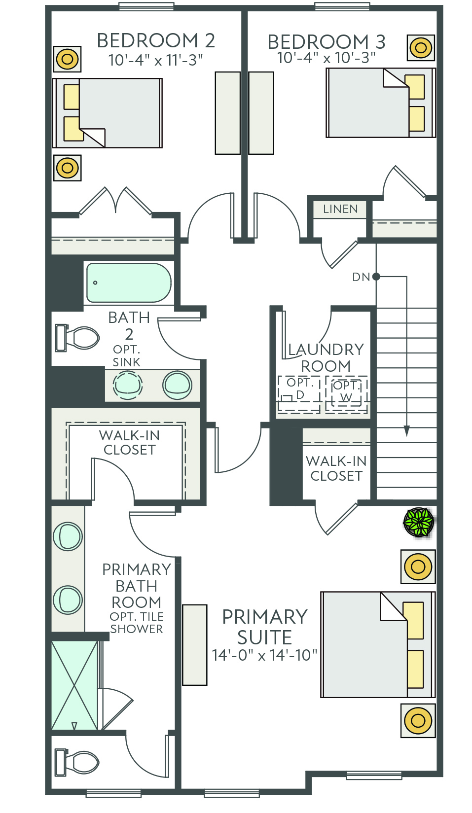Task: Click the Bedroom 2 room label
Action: pyautogui.click(x=156, y=40)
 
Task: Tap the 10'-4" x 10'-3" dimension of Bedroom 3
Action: pyautogui.click(x=326, y=57)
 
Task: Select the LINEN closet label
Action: pyautogui.click(x=340, y=209)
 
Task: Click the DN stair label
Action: pyautogui.click(x=361, y=277)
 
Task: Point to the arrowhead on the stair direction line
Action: pyautogui.click(x=406, y=430)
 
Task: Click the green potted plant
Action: pyautogui.click(x=419, y=522)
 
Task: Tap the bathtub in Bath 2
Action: pyautogui.click(x=129, y=283)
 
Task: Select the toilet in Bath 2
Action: pyautogui.click(x=77, y=338)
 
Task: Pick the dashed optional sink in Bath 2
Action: pyautogui.click(x=127, y=385)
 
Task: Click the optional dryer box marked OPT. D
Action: pyautogui.click(x=299, y=394)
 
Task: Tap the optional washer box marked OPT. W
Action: pyautogui.click(x=346, y=394)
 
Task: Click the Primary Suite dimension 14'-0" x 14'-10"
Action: pyautogui.click(x=265, y=655)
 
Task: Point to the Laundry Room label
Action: pyautogui.click(x=326, y=357)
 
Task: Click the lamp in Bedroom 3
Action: pyautogui.click(x=421, y=47)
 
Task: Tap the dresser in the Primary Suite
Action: pyautogui.click(x=195, y=645)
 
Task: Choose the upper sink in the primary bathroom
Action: pyautogui.click(x=68, y=536)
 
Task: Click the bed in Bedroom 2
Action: pyautogui.click(x=108, y=113)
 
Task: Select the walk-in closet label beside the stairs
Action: pyautogui.click(x=336, y=468)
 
